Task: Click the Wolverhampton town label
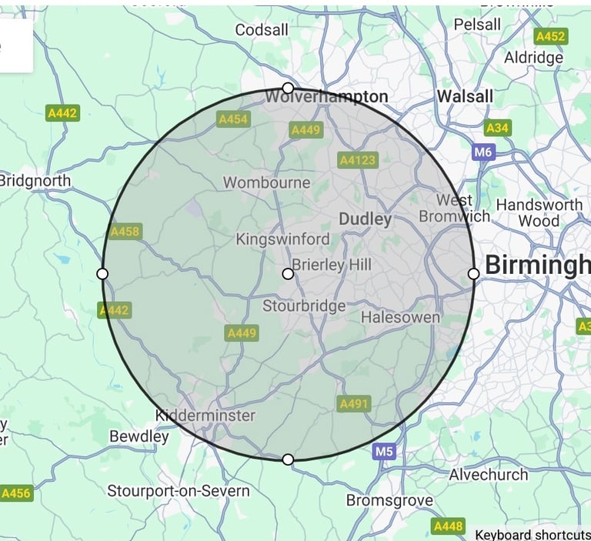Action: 326,97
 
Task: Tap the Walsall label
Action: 465,97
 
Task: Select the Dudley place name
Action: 366,219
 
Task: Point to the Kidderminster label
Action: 205,416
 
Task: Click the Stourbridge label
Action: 304,306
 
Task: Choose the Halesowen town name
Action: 400,317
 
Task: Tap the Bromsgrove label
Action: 389,500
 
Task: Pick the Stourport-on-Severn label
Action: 179,490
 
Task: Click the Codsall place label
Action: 262,29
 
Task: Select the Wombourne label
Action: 266,183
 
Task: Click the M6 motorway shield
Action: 482,152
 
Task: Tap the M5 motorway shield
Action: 384,452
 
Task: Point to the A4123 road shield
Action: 358,160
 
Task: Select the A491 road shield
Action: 354,403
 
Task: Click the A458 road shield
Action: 125,231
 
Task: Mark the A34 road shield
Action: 497,128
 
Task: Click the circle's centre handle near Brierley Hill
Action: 288,273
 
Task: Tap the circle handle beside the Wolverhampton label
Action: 288,88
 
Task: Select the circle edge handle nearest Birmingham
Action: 473,273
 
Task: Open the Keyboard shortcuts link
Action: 532,534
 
